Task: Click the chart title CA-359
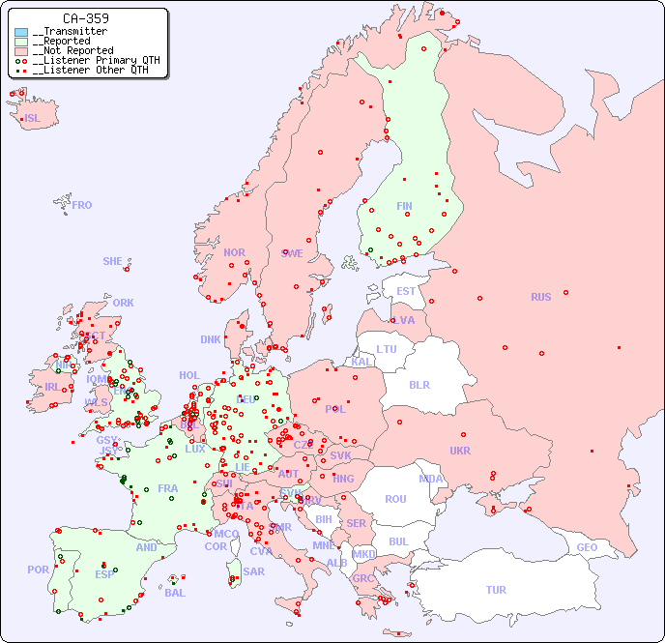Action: [85, 18]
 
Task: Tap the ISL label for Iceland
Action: [33, 119]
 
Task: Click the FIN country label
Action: [404, 206]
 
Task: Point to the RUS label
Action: [540, 297]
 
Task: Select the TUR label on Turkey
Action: [496, 590]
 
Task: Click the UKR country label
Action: [460, 451]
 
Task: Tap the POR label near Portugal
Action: [38, 570]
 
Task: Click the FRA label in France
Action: [167, 488]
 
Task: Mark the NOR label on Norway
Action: [234, 252]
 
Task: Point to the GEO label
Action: [587, 547]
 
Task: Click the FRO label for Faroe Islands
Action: [82, 205]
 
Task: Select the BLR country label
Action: [419, 384]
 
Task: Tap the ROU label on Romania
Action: [395, 499]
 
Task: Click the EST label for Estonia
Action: [406, 291]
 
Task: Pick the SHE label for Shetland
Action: [113, 261]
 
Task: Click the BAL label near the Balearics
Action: [174, 593]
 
